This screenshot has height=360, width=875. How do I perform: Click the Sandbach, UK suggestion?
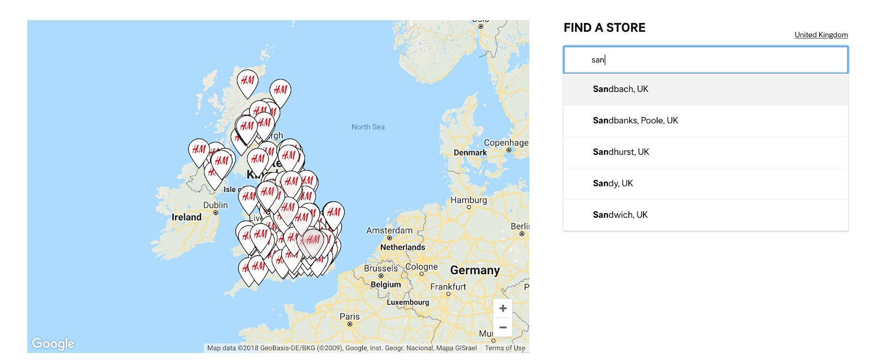click(621, 89)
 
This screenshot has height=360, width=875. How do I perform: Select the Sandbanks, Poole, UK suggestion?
click(635, 120)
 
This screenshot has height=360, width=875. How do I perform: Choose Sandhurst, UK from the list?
click(621, 152)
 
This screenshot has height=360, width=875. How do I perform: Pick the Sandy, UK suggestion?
click(613, 183)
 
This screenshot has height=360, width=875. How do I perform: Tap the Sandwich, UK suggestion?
click(620, 215)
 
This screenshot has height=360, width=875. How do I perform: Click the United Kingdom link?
click(821, 35)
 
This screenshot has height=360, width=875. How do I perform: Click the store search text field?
click(705, 60)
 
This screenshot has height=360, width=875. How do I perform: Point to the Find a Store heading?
click(604, 28)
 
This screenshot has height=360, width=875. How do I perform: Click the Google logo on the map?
click(53, 343)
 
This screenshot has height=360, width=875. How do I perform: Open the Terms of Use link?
click(505, 348)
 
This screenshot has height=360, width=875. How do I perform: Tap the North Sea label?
click(368, 127)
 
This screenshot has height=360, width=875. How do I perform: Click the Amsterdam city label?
click(389, 231)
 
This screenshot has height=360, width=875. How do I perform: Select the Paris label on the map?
click(350, 317)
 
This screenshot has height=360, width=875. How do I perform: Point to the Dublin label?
click(216, 205)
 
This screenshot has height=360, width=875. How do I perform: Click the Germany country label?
click(474, 270)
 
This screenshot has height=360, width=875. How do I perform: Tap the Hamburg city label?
click(468, 200)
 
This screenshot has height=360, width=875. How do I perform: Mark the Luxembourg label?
click(408, 302)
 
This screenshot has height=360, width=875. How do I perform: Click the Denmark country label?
click(470, 153)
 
